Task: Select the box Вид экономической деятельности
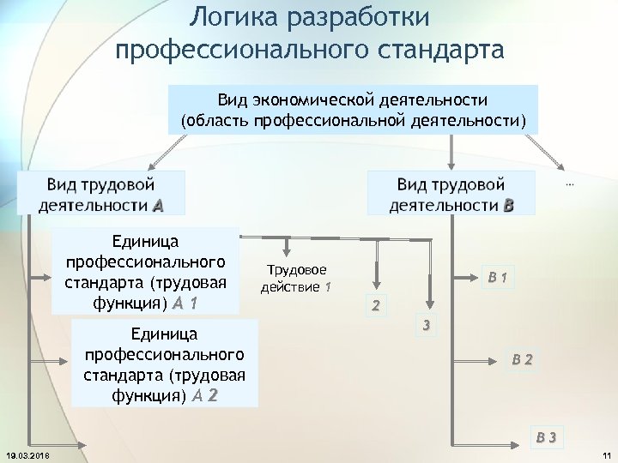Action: point(353,109)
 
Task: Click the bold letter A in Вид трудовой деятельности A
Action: point(158,206)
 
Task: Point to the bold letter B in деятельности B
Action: point(509,206)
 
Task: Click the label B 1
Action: point(498,277)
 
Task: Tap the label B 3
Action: point(547,437)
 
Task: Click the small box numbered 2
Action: point(374,305)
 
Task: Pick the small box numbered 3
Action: point(426,325)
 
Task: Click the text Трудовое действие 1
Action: point(297,278)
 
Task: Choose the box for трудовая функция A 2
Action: point(164,364)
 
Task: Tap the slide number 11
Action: point(605,454)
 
